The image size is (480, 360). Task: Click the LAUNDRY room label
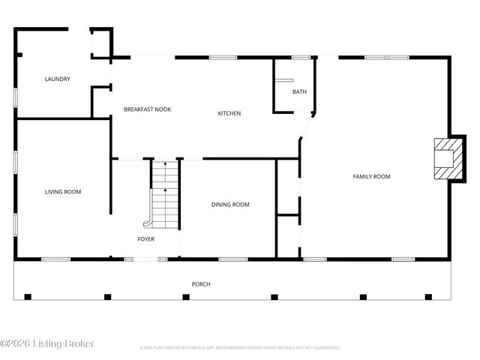(58, 79)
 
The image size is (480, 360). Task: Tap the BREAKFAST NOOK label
(147, 109)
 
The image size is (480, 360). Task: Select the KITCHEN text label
(229, 113)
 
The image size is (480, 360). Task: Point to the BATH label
(299, 92)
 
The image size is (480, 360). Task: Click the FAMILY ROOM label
(372, 176)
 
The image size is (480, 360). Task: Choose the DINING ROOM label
(230, 204)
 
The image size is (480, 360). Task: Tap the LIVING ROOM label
(63, 192)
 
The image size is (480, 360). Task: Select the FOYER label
(145, 239)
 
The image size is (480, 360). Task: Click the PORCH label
(201, 284)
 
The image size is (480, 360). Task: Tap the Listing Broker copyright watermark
(47, 343)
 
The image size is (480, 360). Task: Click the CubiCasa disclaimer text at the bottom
(240, 348)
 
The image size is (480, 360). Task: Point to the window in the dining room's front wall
(233, 259)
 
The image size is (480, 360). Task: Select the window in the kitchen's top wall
(223, 57)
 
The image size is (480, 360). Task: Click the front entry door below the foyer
(145, 259)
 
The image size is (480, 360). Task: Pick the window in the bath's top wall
(301, 57)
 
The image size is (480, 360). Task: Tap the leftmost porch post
(28, 297)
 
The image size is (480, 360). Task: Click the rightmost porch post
(428, 297)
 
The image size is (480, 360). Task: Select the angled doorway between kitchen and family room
(306, 127)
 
